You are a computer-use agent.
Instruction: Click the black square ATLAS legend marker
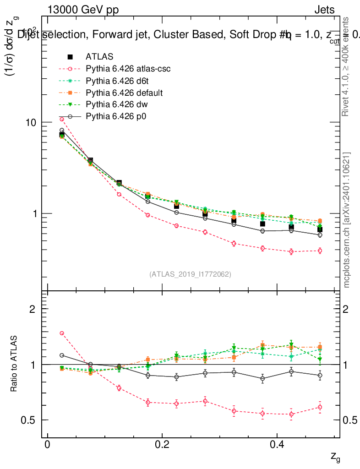70,57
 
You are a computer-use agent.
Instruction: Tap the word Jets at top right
324,11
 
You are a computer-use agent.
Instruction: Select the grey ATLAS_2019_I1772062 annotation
190,274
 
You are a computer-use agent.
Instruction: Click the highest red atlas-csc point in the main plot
62,120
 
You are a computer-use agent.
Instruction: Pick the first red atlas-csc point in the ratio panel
62,333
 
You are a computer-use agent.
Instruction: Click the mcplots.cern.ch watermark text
348,220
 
